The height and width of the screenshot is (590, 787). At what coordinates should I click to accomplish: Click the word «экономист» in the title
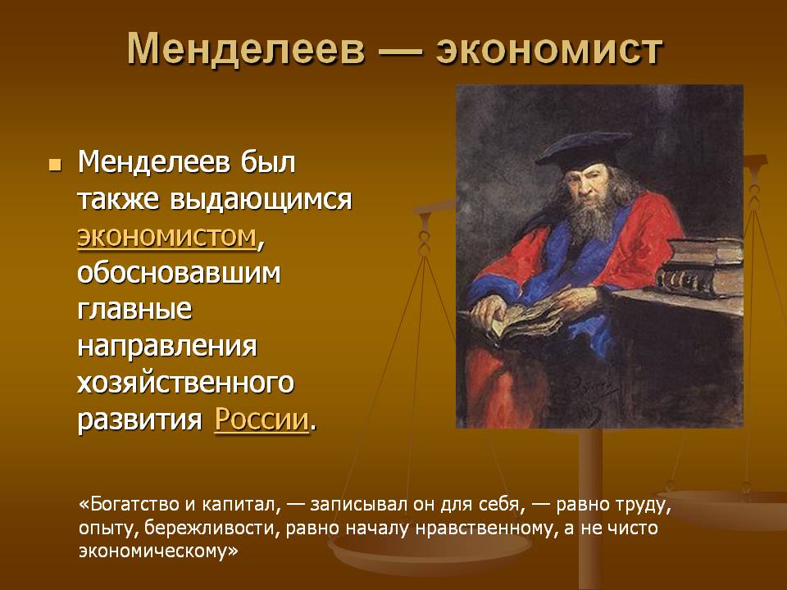click(x=549, y=50)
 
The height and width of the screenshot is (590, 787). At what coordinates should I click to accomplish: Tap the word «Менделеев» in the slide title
click(x=246, y=48)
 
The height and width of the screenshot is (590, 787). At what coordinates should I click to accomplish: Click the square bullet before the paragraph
click(x=55, y=165)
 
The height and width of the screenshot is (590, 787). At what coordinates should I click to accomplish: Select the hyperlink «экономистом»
click(x=166, y=236)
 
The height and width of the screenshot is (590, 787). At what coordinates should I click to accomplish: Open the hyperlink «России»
click(x=262, y=420)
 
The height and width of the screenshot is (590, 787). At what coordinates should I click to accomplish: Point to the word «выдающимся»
click(x=261, y=200)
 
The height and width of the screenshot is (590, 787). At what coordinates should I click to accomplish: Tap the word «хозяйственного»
click(x=186, y=383)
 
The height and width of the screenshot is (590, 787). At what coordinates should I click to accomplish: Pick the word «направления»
click(x=167, y=346)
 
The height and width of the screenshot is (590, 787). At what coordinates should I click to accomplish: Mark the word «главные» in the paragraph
click(x=134, y=310)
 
